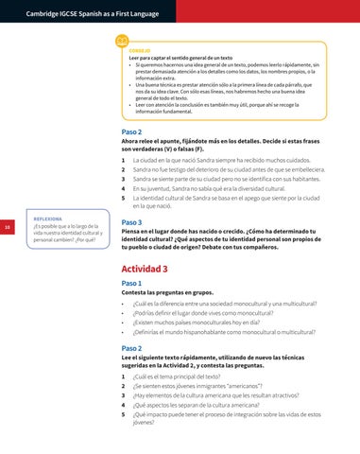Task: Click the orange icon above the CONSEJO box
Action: (x=121, y=42)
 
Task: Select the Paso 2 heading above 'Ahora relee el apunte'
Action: (x=132, y=131)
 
